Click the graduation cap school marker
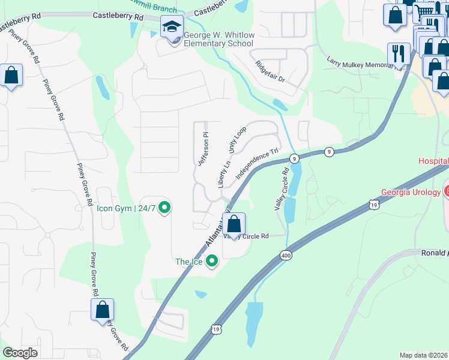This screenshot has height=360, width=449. coord(172,27)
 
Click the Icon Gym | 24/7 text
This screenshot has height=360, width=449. coord(126,209)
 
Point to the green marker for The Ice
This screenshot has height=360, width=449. coord(211,261)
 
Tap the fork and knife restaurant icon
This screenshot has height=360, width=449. coord(399,53)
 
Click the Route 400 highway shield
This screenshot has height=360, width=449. coord(286,256)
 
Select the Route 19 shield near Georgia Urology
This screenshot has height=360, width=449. coord(374,205)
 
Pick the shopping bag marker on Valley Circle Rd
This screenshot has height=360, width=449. coord(235,224)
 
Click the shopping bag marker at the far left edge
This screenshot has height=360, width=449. coord(11,76)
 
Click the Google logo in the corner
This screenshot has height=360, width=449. coord(20,353)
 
